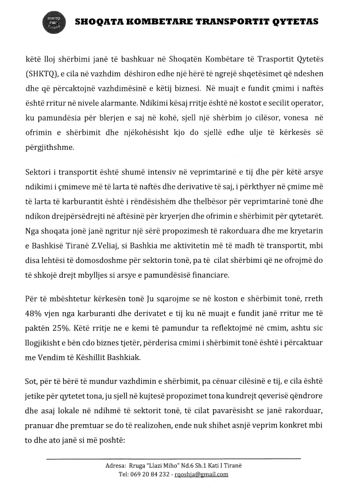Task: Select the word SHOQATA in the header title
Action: (102, 22)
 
